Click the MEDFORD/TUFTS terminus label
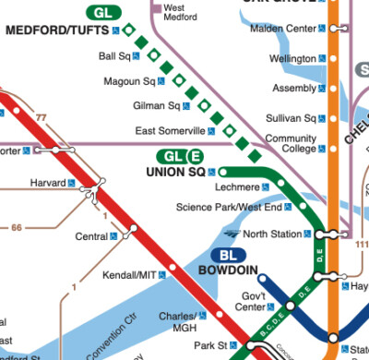pos(57,30)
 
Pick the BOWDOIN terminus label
pos(228,271)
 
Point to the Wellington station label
pos(292,58)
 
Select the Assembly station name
pos(295,89)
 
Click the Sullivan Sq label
pos(291,118)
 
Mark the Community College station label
pos(290,143)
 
